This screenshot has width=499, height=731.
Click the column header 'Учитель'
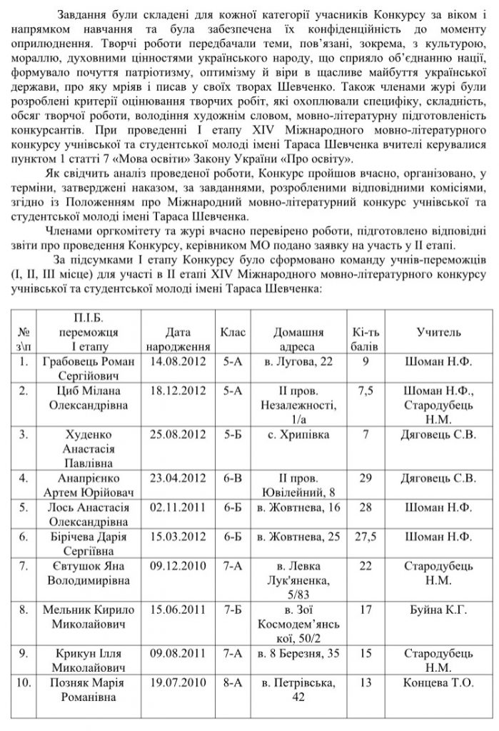438,332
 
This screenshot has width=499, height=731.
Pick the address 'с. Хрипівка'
298,433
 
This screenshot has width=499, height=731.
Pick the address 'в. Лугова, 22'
298,362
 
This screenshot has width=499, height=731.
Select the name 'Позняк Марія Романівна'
89,690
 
